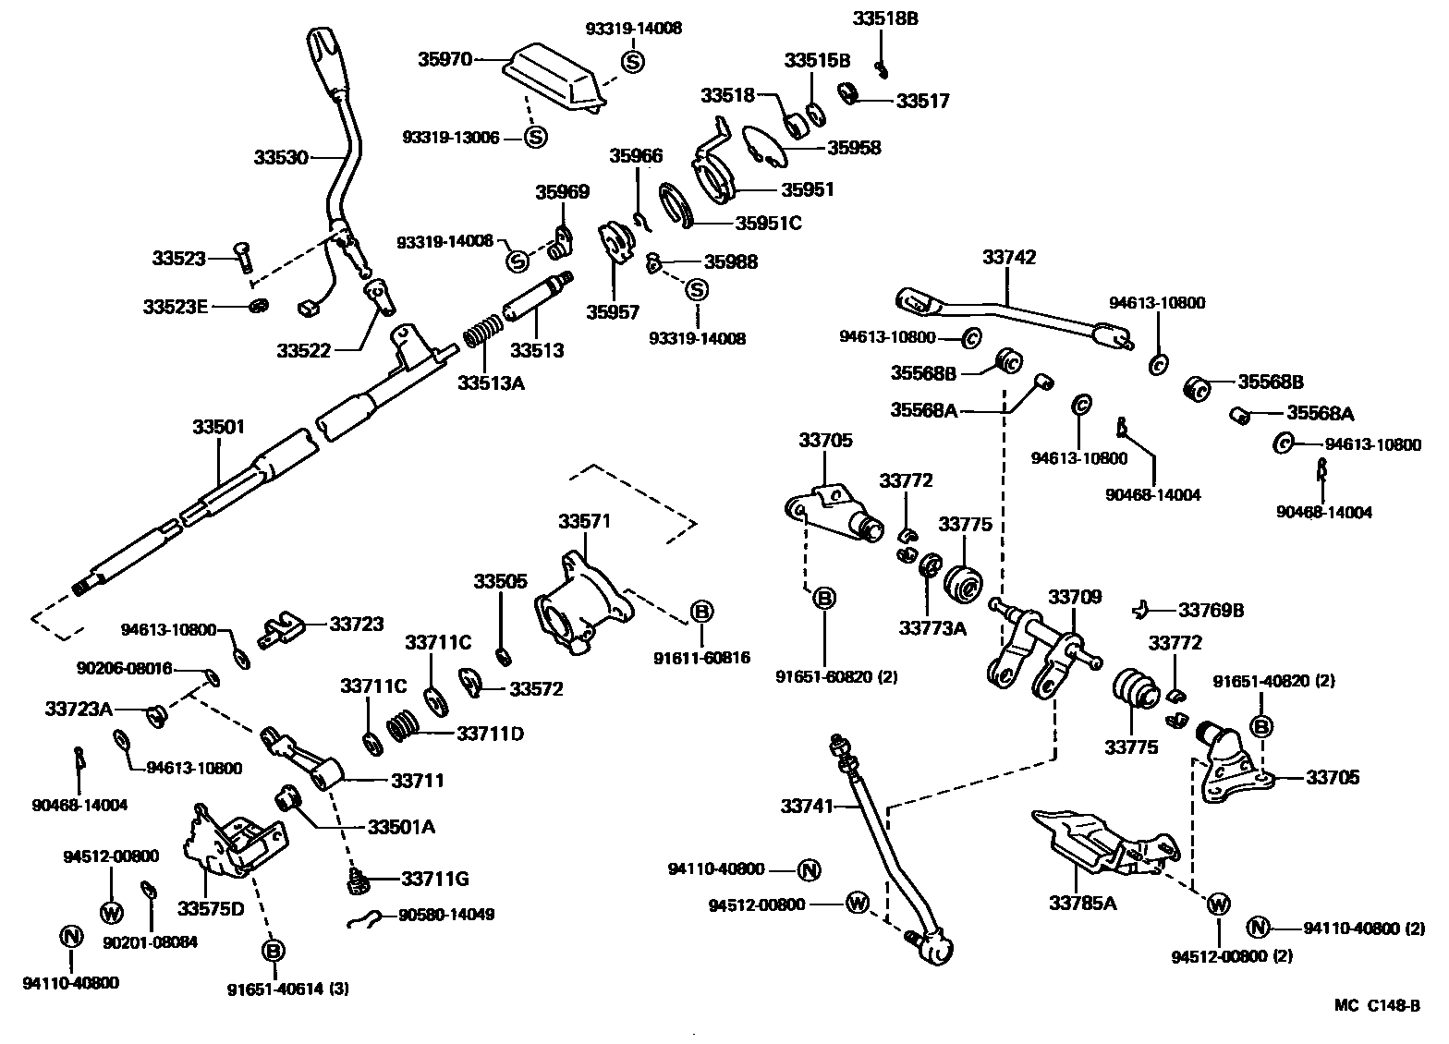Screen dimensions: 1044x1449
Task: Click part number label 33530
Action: point(281,158)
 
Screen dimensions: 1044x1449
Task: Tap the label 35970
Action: point(444,59)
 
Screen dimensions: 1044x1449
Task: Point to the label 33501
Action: point(219,427)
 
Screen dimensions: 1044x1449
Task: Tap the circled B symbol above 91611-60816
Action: point(702,611)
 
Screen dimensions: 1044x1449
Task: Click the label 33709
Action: point(1075,597)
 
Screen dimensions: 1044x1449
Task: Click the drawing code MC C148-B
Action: point(1376,1006)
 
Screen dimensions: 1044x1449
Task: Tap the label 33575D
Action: point(211,908)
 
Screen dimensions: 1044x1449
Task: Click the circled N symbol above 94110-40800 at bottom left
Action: point(71,936)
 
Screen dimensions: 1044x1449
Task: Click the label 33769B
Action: point(1211,610)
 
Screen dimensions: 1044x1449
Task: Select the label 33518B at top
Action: point(884,18)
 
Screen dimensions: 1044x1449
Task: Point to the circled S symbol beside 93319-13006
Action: point(535,138)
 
